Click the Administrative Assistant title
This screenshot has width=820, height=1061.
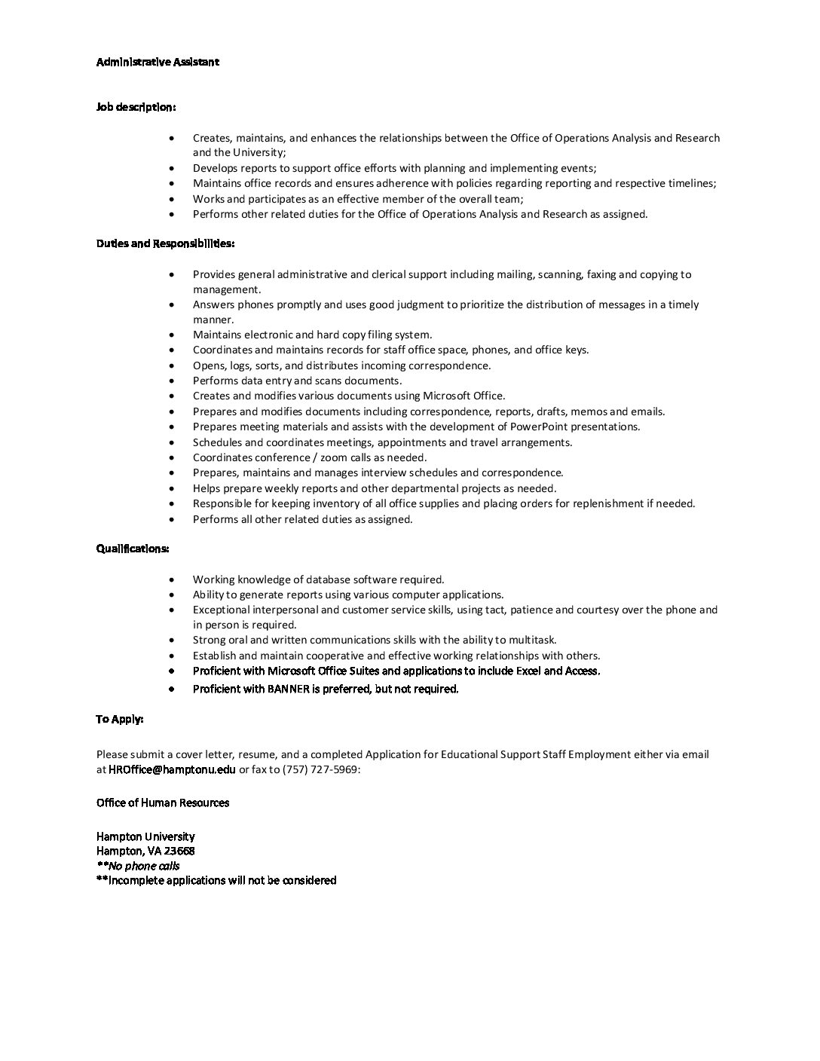[158, 62]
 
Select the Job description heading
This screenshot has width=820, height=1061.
[136, 107]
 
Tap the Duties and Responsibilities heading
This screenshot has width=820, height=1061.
[165, 243]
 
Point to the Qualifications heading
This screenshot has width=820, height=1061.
[133, 549]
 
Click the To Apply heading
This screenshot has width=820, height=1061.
[120, 719]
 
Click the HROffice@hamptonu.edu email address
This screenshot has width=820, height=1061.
[172, 769]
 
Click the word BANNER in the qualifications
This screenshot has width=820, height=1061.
[289, 689]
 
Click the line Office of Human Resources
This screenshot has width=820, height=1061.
[163, 803]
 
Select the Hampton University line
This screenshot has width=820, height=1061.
[145, 836]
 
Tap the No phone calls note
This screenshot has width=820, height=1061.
[138, 866]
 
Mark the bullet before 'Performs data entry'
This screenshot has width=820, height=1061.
[173, 381]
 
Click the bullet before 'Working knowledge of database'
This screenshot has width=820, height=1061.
[173, 580]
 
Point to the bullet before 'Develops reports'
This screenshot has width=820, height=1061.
[173, 169]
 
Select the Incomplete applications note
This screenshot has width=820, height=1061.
[216, 880]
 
